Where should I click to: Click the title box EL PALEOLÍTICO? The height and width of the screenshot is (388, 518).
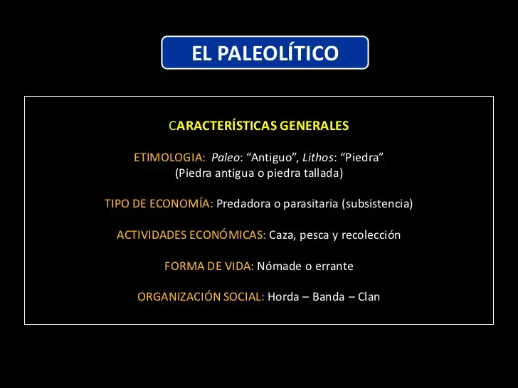click(265, 53)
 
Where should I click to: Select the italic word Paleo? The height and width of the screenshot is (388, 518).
click(226, 157)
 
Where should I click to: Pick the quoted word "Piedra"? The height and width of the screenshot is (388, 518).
click(361, 157)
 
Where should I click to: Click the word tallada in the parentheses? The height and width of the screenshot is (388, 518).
click(323, 173)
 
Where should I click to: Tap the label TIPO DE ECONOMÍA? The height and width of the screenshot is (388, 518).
click(158, 204)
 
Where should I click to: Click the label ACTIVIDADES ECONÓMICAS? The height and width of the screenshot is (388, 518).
click(191, 235)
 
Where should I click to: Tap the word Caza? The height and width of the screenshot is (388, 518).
click(282, 235)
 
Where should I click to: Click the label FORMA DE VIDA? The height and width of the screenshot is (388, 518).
click(208, 266)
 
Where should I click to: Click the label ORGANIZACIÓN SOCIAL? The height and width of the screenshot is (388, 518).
click(201, 297)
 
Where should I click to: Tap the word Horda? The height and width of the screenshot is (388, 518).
click(282, 297)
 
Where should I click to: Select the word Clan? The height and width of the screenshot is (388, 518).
click(369, 297)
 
